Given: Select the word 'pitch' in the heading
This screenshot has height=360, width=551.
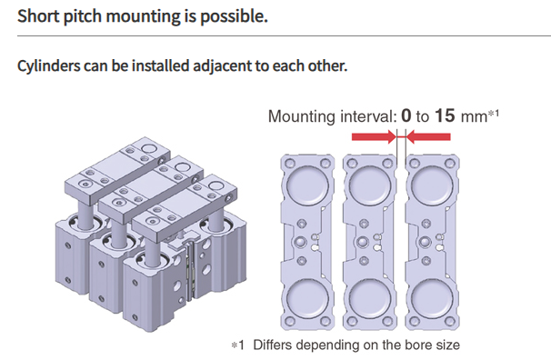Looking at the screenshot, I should coord(83,16).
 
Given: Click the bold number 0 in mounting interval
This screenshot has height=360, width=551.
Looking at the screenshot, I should coord(407,116).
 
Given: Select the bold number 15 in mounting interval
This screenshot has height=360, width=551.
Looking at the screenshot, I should coord(446,116).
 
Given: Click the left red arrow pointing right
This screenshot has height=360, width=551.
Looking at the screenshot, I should coord(372,137).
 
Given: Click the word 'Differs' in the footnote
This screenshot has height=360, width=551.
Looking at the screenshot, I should coord(273,345).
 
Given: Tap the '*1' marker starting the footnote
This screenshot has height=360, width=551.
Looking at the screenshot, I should coord(237,345).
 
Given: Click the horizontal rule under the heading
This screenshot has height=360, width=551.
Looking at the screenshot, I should coord(273,35).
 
